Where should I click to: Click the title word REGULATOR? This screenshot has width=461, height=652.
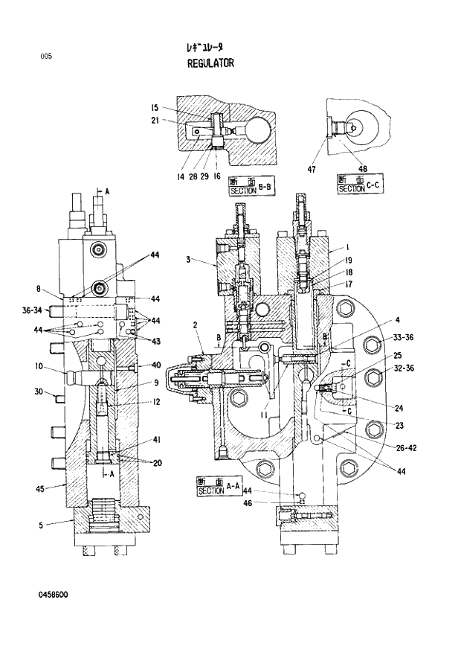210,63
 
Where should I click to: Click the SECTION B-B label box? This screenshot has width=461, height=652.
243,187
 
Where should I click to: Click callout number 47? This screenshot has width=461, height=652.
312,169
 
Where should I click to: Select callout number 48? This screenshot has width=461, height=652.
363,169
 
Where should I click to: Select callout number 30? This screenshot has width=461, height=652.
39,392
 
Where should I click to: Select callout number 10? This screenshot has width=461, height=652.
39,365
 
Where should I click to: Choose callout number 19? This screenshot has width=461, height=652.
347,261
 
